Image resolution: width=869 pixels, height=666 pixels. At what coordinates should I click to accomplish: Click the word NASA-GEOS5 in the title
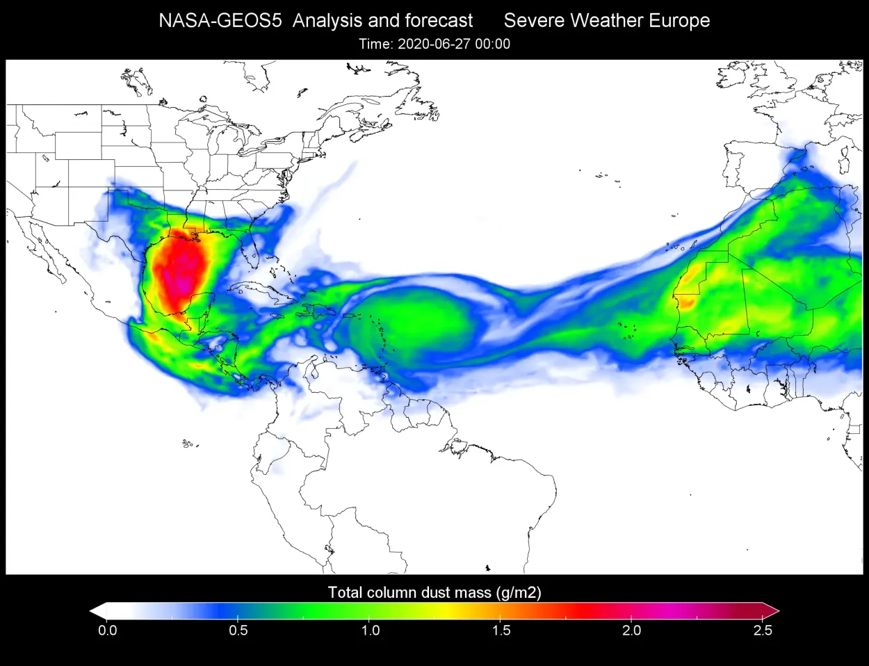[220, 21]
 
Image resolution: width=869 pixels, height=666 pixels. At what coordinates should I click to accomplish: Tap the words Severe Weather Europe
[606, 21]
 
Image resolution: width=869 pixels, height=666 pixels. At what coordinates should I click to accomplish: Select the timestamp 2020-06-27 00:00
[453, 44]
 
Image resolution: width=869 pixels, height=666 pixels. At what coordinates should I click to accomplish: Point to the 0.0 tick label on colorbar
[108, 631]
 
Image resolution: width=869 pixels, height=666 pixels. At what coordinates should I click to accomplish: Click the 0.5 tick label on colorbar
[238, 631]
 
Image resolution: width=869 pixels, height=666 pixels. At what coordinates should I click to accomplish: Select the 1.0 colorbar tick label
[370, 631]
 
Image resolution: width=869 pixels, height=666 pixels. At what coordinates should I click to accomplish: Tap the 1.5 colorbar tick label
[501, 631]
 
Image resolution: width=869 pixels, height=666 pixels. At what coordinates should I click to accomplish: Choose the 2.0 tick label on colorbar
[631, 631]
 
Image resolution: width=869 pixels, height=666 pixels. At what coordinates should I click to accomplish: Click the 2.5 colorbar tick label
[762, 631]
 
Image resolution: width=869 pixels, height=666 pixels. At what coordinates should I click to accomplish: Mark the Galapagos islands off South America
[186, 443]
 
